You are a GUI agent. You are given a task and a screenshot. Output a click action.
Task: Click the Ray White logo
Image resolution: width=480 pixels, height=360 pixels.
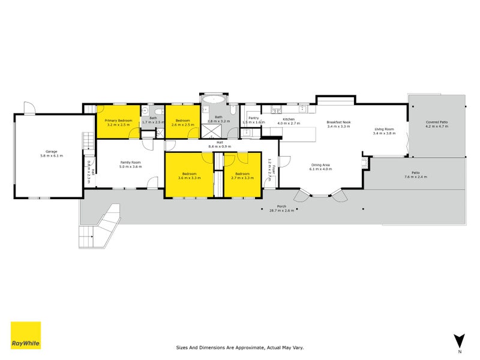tap(26, 335)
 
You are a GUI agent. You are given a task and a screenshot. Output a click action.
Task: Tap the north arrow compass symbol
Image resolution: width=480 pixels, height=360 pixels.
tap(459, 341)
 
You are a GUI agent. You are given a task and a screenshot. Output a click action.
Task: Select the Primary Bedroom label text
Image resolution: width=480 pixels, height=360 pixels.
tap(119, 121)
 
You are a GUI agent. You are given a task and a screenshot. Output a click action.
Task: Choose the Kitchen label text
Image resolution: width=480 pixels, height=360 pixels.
tap(289, 119)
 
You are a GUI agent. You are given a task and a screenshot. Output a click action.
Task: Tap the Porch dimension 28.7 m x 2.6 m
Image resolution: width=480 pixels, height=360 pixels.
tap(281, 211)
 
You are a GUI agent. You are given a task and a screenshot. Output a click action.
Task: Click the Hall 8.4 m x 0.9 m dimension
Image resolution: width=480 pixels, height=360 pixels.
tap(220, 146)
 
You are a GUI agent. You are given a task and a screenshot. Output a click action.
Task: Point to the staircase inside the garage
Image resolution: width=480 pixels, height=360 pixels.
tap(88, 141)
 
